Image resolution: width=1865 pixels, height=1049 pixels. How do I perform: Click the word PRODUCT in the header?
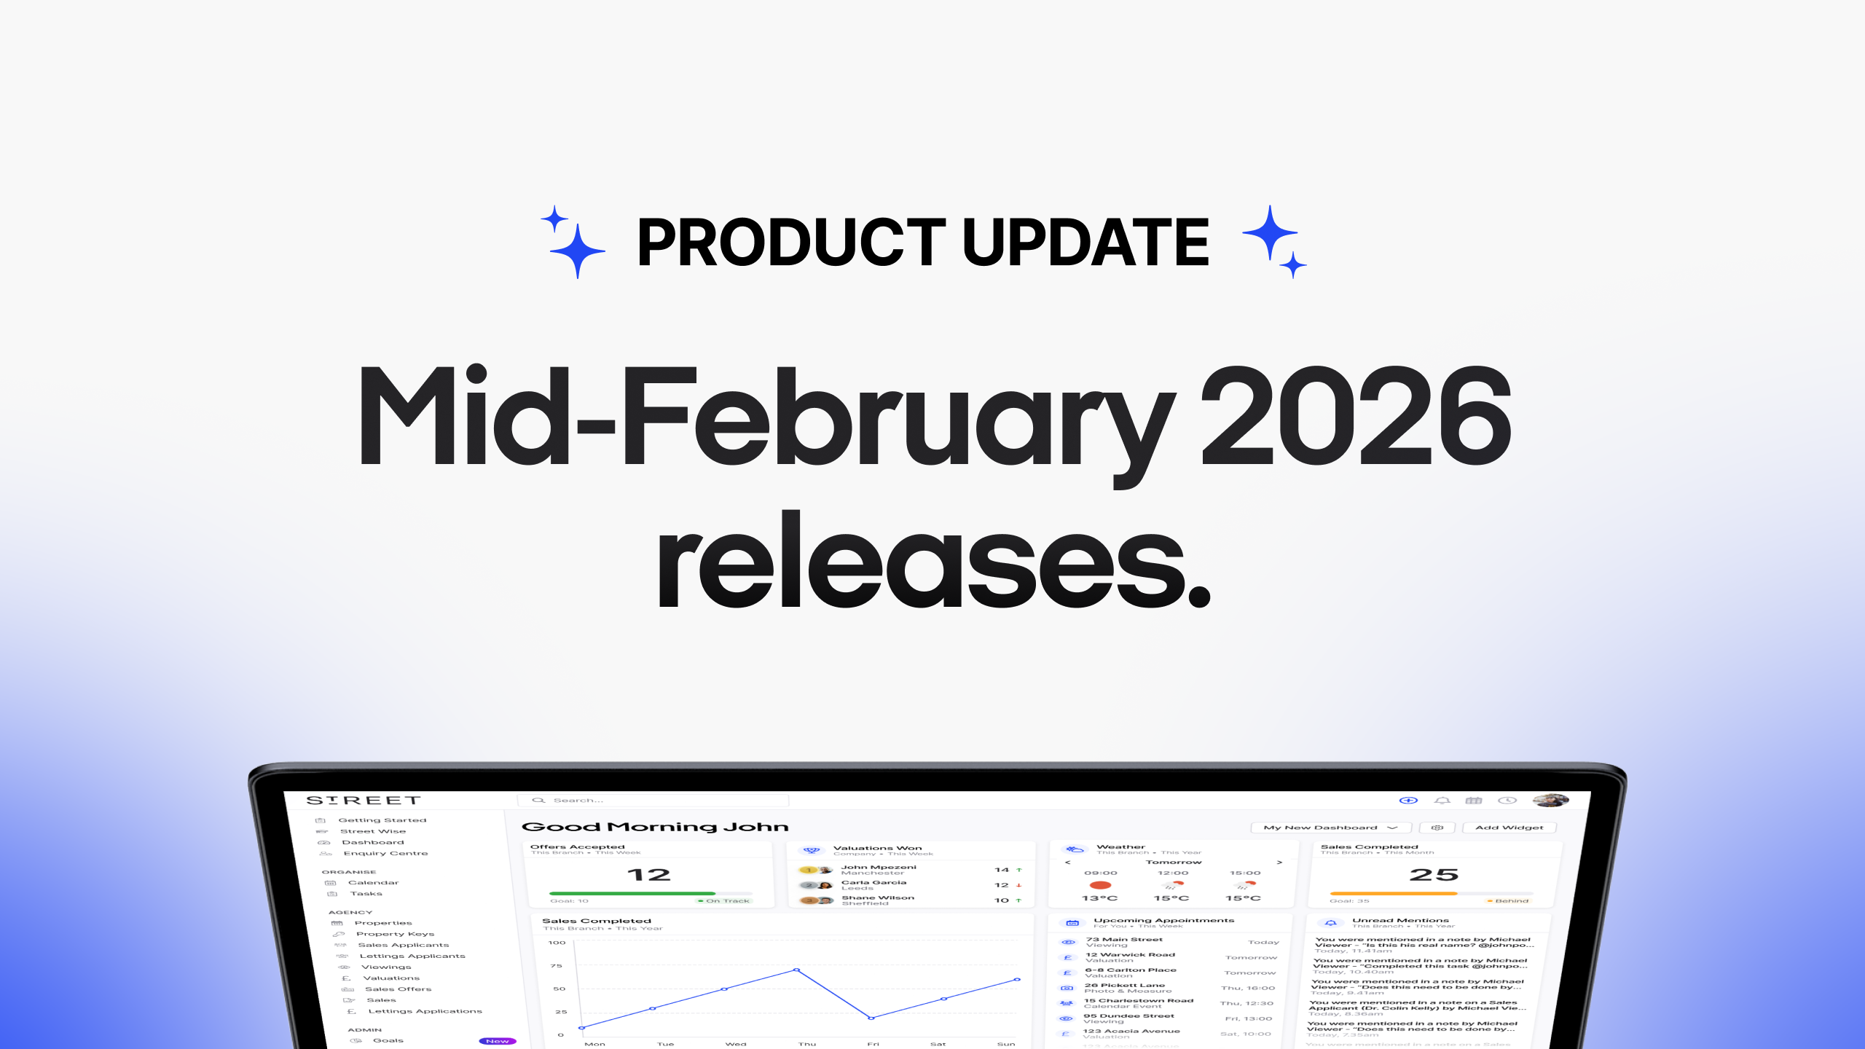tap(791, 243)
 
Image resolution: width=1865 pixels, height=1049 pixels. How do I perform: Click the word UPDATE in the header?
tap(1085, 243)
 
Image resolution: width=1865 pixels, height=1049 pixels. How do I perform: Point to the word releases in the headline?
tap(932, 561)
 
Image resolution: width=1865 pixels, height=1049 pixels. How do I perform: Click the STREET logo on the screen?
tap(364, 801)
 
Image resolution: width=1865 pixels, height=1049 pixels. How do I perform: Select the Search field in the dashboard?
tap(656, 801)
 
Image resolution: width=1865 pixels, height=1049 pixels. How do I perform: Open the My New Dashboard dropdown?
tap(1330, 828)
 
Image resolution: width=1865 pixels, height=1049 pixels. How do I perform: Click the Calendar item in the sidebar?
tap(373, 883)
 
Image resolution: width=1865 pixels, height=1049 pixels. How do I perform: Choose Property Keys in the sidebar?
tap(395, 934)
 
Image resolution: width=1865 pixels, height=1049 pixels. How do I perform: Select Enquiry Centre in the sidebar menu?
tap(385, 853)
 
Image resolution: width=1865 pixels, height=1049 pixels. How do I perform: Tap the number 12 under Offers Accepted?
tap(648, 875)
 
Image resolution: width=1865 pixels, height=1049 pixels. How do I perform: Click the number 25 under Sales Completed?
tap(1434, 875)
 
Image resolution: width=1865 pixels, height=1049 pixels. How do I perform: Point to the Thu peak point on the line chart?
tap(796, 970)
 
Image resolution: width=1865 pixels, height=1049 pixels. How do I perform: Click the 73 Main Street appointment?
tap(1124, 940)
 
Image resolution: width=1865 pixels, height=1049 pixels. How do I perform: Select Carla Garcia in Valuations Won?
tap(873, 883)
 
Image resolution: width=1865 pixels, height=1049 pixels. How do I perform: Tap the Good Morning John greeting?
tap(655, 827)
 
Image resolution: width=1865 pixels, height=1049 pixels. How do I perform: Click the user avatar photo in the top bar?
tap(1551, 801)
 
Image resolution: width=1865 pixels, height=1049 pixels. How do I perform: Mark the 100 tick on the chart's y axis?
tap(557, 943)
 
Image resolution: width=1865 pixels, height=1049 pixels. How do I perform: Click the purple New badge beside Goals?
tap(497, 1041)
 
